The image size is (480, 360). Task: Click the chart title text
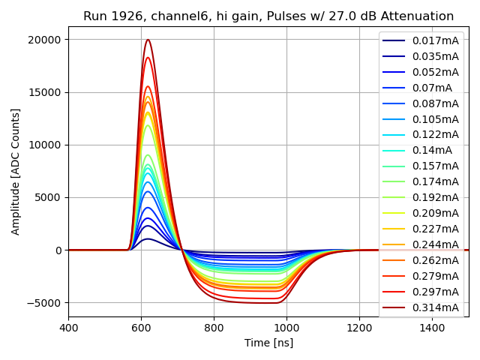tap(268, 16)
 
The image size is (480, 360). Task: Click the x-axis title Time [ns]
tap(268, 343)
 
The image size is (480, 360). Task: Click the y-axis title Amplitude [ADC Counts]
tap(16, 171)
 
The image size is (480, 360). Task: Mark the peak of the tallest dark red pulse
tap(148, 40)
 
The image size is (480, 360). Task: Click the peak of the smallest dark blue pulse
tap(148, 239)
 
